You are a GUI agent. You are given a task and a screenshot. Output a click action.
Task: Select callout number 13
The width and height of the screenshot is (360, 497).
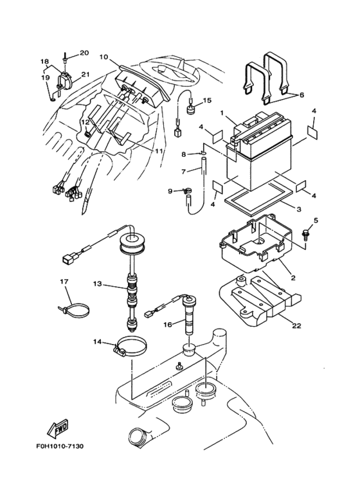click(x=97, y=283)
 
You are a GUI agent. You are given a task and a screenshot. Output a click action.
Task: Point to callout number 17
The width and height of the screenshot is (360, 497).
click(x=64, y=281)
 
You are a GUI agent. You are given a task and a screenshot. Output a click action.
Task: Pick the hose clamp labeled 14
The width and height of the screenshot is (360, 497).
click(x=130, y=348)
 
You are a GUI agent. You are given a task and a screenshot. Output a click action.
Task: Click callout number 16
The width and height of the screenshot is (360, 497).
click(x=168, y=325)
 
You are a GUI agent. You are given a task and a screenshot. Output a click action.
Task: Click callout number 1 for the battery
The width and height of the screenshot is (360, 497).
click(x=222, y=114)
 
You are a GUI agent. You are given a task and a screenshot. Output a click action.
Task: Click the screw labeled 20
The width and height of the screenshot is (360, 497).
click(x=66, y=60)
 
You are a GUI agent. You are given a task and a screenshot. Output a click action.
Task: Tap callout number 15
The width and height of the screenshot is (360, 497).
click(x=207, y=100)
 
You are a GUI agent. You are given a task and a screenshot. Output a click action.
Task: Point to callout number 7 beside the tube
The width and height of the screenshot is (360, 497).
click(x=184, y=172)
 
